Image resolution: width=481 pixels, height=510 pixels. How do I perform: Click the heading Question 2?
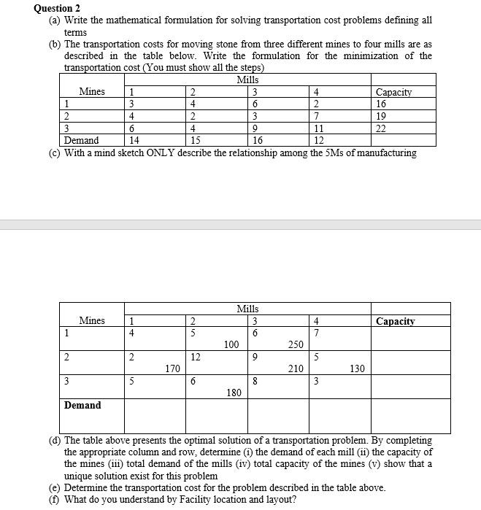point(56,9)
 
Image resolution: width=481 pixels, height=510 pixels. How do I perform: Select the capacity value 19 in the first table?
point(382,115)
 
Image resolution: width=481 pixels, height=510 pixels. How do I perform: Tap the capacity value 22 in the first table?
point(382,128)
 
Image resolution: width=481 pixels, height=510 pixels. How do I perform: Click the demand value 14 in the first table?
point(133,140)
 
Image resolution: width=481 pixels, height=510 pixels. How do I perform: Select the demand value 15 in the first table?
point(195,140)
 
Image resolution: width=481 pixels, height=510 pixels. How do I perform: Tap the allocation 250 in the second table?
point(296,344)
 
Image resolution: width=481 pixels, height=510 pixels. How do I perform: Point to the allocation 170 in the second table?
point(173,369)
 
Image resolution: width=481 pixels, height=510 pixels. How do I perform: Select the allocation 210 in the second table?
point(296,369)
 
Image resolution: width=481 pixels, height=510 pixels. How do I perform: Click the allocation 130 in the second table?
point(357,369)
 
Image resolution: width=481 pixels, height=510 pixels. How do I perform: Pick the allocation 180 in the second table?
point(234,393)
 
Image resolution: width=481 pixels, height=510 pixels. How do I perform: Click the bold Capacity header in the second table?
point(395,321)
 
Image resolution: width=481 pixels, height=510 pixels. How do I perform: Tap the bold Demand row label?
point(82,406)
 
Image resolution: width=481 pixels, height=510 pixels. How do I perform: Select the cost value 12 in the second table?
point(195,357)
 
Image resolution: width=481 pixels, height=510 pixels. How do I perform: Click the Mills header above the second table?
point(248,309)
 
